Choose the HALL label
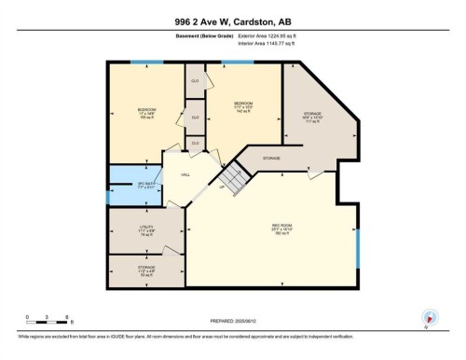[x=185, y=174]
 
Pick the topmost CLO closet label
[x=195, y=82]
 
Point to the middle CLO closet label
[x=195, y=118]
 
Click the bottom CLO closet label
[x=195, y=143]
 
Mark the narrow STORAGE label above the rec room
[x=271, y=159]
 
